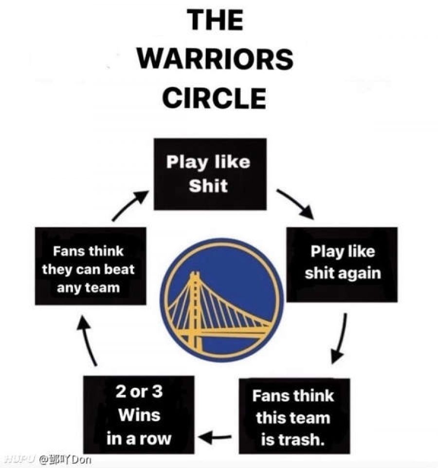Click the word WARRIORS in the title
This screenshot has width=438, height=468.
tap(216, 59)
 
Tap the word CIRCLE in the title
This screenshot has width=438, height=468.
tap(214, 98)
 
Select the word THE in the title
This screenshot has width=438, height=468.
tap(215, 19)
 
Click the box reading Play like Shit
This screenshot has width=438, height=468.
tap(210, 174)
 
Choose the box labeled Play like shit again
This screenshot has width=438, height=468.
tap(342, 265)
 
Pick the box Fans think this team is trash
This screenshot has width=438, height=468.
tap(294, 416)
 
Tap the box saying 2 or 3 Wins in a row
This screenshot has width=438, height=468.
tap(139, 414)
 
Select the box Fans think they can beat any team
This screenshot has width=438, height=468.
tap(91, 266)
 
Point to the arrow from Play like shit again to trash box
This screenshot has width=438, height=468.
tap(341, 338)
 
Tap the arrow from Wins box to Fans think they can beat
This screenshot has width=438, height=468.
tap(87, 340)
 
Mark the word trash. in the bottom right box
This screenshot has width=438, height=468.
tap(292, 440)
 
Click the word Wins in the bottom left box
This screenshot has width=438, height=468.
tap(139, 415)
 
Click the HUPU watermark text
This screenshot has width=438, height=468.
tap(21, 459)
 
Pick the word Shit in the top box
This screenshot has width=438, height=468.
tap(208, 186)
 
